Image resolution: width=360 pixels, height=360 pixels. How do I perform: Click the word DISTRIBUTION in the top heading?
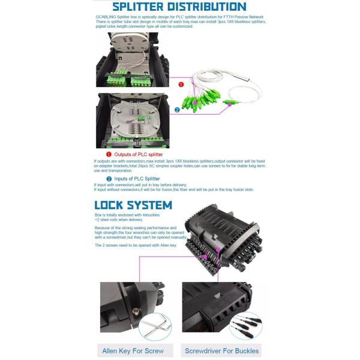tap(217, 7)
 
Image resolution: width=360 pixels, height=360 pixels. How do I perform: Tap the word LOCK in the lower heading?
tap(115, 205)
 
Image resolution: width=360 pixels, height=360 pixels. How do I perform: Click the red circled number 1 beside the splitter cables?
tap(181, 85)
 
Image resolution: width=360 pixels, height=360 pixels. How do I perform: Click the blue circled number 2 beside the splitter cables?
tap(177, 110)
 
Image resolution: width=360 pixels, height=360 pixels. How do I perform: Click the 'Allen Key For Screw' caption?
tap(133, 350)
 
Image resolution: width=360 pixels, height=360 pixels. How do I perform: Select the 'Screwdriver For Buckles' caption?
tap(223, 350)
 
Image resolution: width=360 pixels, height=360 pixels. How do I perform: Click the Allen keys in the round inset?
tap(155, 327)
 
